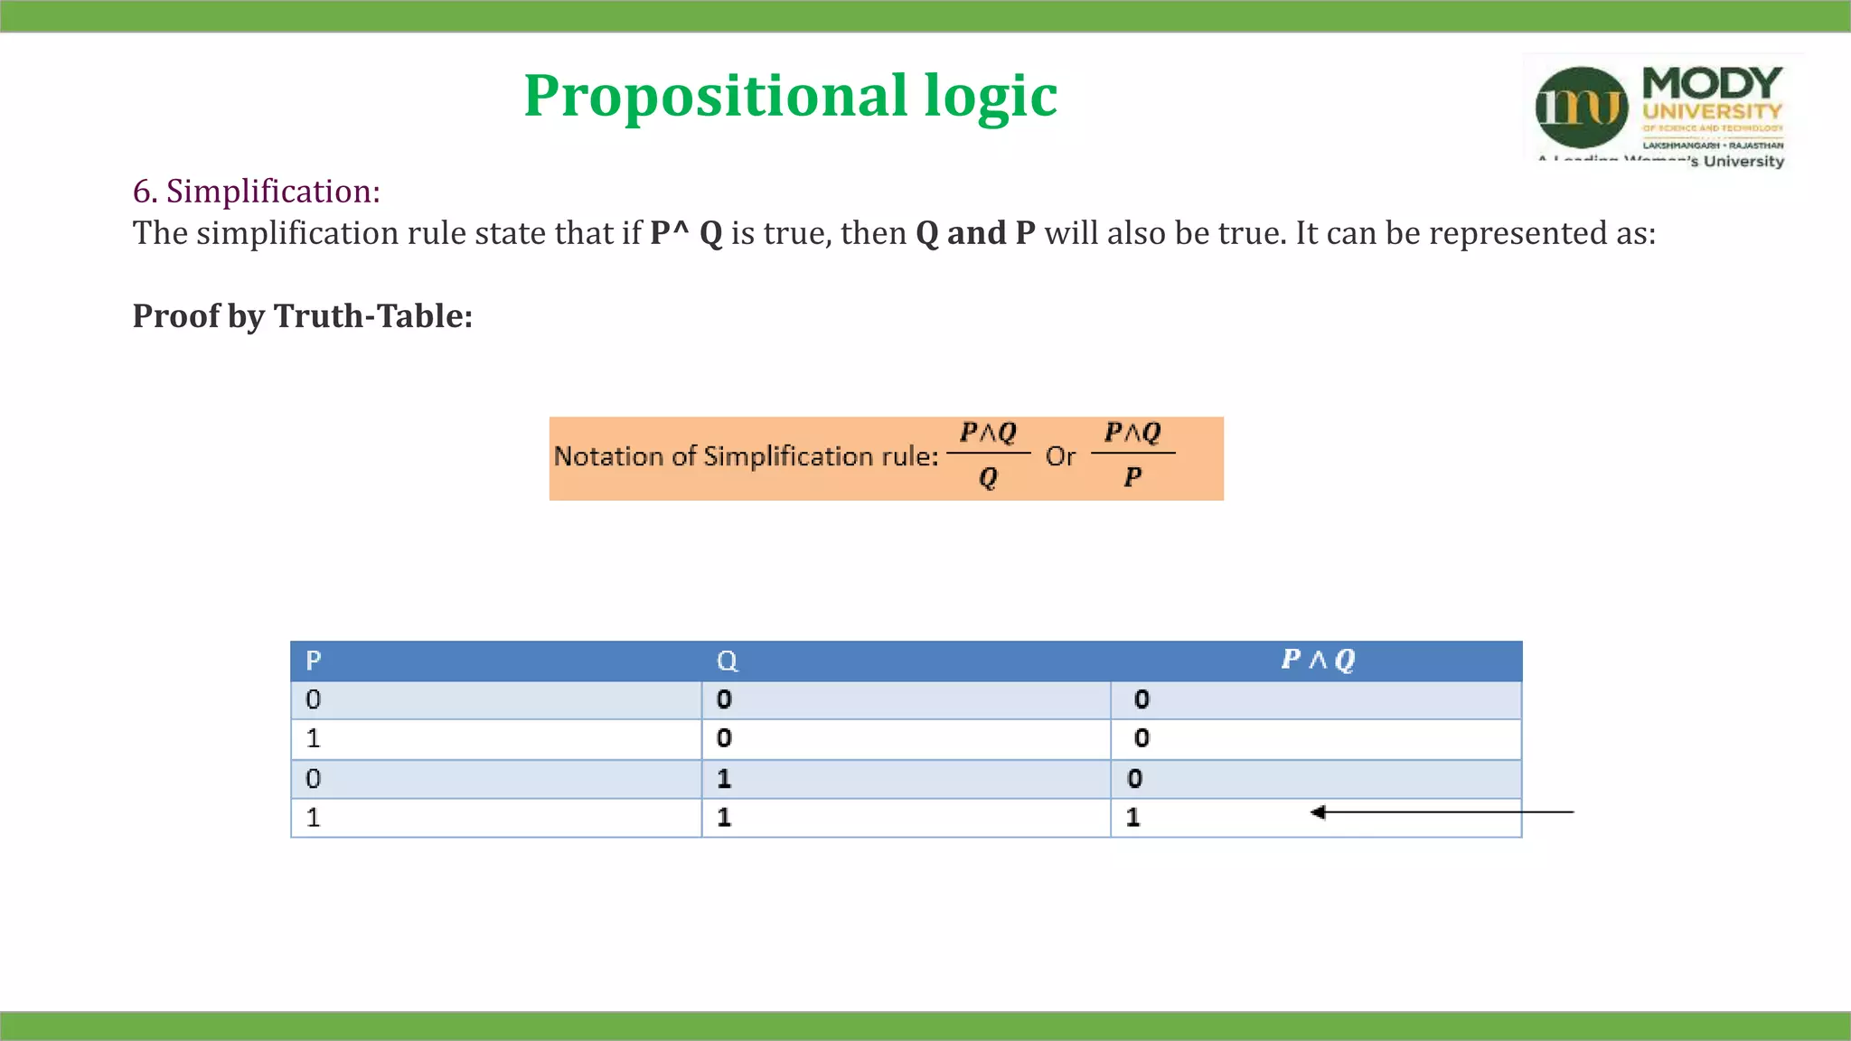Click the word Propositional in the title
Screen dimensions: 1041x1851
click(714, 96)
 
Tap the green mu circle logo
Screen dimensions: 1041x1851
click(1581, 108)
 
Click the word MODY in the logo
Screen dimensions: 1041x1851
click(1712, 84)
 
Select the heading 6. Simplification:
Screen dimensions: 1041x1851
click(256, 192)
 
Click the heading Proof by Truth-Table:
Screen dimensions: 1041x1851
click(303, 316)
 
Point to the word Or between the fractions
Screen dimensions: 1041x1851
click(1060, 456)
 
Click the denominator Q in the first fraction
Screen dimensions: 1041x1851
click(988, 477)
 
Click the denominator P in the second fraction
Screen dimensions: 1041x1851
click(1132, 477)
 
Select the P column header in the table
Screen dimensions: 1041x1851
click(314, 661)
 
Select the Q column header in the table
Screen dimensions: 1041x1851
click(727, 661)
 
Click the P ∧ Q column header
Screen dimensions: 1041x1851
click(1318, 660)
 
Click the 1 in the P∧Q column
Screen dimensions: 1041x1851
click(1133, 818)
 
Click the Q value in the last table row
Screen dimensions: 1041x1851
click(724, 818)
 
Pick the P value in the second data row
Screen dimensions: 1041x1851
click(314, 739)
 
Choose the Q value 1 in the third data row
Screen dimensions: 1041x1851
click(724, 779)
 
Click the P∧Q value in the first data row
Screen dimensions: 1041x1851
click(1142, 699)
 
